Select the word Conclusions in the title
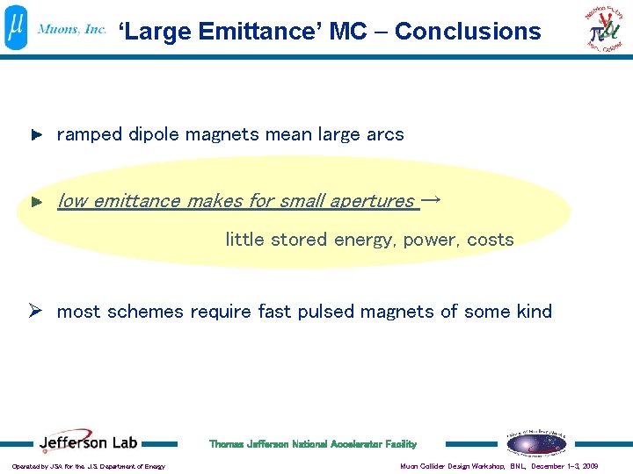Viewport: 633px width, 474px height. tap(468, 32)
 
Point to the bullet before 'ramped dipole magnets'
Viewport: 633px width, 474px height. tap(36, 135)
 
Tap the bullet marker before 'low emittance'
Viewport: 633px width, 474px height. tap(36, 202)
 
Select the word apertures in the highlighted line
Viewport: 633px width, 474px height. tap(371, 201)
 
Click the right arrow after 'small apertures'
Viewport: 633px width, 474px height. tap(432, 200)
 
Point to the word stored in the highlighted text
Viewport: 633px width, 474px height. tap(298, 240)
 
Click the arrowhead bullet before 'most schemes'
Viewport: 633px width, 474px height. tap(37, 312)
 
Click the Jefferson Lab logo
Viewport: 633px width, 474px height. tap(88, 443)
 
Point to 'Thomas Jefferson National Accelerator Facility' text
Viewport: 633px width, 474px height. tap(312, 444)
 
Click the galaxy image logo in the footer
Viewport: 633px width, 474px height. tap(535, 444)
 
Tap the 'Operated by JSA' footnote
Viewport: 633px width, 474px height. tap(88, 466)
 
